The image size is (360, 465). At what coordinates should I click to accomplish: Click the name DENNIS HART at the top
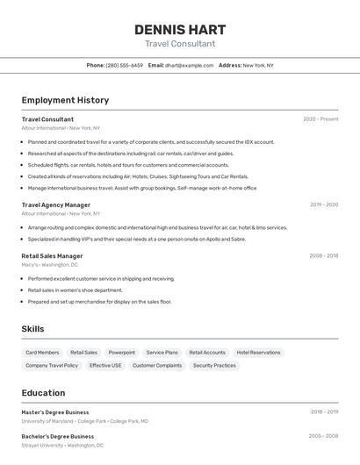coord(180,30)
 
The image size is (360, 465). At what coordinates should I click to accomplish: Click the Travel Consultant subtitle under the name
coord(180,44)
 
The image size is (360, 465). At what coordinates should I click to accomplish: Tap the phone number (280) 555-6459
coord(124,65)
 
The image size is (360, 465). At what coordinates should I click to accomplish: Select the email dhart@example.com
coord(190,65)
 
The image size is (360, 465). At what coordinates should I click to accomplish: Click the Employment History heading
coord(65,100)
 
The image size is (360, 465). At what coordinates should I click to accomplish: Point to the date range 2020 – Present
coord(320,119)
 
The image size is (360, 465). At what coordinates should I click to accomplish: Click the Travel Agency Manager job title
coord(55,204)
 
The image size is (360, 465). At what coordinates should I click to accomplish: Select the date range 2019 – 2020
coord(323,204)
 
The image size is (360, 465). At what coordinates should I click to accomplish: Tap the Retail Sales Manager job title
coord(52,256)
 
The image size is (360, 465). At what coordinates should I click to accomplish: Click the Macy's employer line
coord(49,264)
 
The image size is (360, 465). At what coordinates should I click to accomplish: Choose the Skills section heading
coord(32,329)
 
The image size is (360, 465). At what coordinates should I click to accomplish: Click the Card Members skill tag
coord(42,353)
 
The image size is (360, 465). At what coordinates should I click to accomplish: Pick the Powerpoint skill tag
coord(122,353)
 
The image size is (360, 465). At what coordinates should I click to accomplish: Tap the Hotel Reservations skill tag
coord(258,353)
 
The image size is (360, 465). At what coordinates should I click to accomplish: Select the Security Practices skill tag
coord(214,365)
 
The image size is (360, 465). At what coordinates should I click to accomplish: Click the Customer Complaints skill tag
coord(157,365)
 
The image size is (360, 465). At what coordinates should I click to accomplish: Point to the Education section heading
coord(43,393)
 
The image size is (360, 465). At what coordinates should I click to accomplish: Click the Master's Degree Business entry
coord(54,411)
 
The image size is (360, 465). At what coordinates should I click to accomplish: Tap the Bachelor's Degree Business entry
coord(57,436)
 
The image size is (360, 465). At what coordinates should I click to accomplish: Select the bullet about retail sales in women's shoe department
coord(75,290)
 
